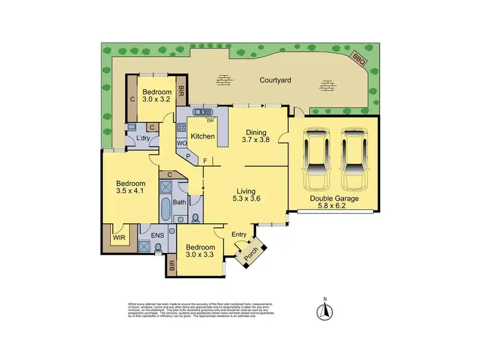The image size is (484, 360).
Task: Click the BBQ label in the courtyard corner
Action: (x=359, y=60)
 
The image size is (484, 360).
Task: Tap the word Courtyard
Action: (x=276, y=81)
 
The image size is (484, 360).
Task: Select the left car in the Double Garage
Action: (x=318, y=154)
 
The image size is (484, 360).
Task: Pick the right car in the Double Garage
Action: (x=355, y=154)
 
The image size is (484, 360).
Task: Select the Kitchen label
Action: (x=202, y=137)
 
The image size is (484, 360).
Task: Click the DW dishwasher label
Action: (x=210, y=121)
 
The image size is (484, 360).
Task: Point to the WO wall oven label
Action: (x=181, y=142)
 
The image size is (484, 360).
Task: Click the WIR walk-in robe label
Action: (x=119, y=237)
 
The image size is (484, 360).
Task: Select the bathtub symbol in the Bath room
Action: (x=166, y=210)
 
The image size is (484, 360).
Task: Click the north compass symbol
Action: (x=325, y=312)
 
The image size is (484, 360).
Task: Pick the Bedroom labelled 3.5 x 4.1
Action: (x=127, y=186)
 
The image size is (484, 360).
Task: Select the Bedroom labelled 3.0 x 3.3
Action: (x=199, y=252)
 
